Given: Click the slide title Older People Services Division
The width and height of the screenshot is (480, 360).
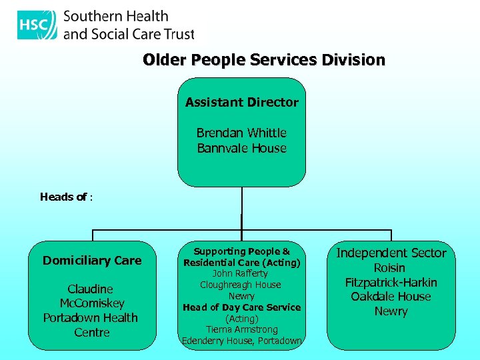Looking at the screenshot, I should point(264,60).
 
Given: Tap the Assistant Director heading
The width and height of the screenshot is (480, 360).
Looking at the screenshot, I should point(242,102).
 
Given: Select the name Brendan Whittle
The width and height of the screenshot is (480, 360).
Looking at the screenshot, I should point(242,133).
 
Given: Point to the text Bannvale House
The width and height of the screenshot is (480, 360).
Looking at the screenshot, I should point(242,148).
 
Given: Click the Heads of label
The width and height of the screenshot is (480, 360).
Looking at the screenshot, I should point(65,197).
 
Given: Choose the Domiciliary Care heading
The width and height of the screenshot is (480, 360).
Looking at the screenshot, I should point(92,261).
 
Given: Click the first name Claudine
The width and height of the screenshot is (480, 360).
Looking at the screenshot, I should point(91,289).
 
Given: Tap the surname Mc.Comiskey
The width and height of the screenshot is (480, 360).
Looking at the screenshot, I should point(92,303).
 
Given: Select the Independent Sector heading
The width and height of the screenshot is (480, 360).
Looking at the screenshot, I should point(391,253).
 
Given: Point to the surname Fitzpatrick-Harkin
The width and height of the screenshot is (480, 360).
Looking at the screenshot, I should point(391,282).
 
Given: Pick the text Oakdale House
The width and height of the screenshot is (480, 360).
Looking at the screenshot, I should point(391,297).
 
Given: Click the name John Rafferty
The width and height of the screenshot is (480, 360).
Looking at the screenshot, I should point(241,273).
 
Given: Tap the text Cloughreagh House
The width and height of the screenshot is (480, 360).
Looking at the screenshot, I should point(241,285).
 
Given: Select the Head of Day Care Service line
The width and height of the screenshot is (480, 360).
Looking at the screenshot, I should point(242,307).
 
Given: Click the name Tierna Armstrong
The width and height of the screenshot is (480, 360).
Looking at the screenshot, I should point(241,329).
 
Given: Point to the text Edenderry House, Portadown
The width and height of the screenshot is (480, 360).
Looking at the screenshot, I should point(242,341).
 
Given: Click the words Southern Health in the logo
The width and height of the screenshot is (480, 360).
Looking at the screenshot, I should point(116,17).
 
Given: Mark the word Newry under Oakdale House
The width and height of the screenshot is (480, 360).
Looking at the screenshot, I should point(391,311).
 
